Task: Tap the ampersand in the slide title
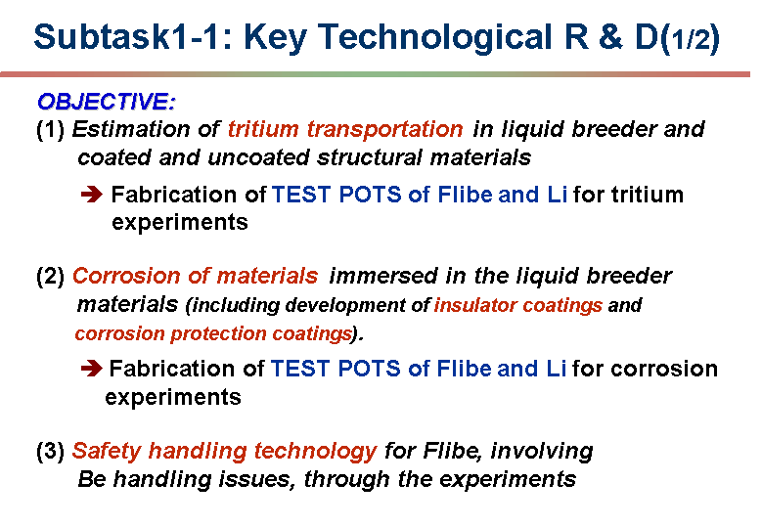[x=610, y=37]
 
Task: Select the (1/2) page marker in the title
[x=690, y=39]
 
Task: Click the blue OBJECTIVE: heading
[x=106, y=102]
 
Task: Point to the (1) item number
[x=51, y=130]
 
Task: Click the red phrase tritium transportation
[x=345, y=129]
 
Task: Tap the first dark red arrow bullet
[x=92, y=195]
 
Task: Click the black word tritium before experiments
[x=648, y=195]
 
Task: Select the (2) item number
[x=51, y=277]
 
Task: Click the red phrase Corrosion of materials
[x=195, y=276]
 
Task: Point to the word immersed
[x=383, y=276]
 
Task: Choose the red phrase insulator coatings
[x=518, y=305]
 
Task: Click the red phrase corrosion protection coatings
[x=213, y=333]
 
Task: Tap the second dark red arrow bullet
[x=92, y=369]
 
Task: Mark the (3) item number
[x=51, y=452]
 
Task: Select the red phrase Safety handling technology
[x=224, y=452]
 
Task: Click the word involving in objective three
[x=541, y=452]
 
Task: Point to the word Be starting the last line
[x=92, y=479]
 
